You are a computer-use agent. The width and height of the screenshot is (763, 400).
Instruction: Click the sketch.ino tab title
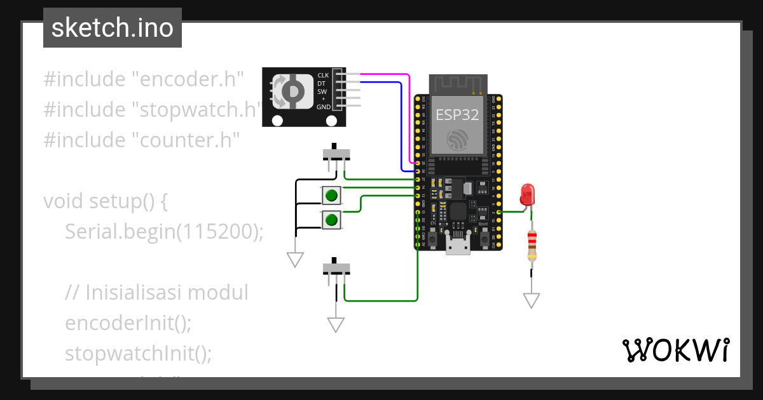[x=113, y=28]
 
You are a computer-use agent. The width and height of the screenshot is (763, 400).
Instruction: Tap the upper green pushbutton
[x=331, y=195]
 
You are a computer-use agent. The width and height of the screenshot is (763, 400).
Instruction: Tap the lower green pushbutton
[x=331, y=220]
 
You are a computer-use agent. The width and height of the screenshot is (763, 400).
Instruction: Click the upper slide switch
[x=336, y=154]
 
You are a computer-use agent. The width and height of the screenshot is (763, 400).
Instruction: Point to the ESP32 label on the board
[x=457, y=114]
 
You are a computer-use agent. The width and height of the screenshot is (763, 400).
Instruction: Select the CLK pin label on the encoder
[x=323, y=76]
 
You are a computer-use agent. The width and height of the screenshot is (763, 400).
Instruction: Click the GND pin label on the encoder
[x=324, y=107]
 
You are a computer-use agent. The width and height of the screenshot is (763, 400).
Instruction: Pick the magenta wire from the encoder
[x=381, y=74]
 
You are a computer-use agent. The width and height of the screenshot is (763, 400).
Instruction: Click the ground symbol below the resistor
[x=532, y=300]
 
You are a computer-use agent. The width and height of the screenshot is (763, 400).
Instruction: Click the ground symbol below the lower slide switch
[x=336, y=325]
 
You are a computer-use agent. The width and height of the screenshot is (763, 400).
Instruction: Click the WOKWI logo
[x=675, y=350]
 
